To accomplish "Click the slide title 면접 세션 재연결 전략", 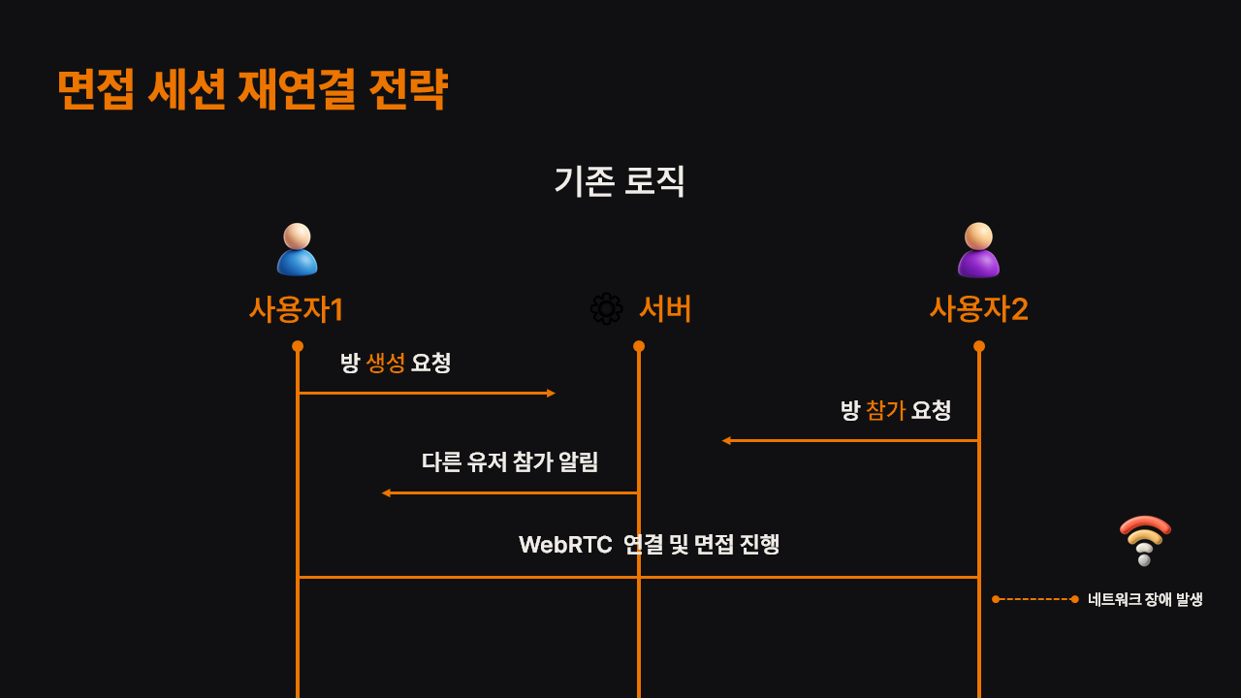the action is pos(252,89).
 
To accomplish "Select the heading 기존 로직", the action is pos(620,181).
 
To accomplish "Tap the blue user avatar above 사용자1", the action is pos(297,249).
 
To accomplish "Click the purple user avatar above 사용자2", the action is pos(978,250).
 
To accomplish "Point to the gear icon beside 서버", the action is pos(606,309).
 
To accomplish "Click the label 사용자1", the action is pos(297,309).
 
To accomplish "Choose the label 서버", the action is pos(665,309).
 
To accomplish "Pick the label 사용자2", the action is pos(978,309).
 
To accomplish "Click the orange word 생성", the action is pos(385,364).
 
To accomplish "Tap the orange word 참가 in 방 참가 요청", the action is pos(885,411).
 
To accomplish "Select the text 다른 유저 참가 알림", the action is pos(510,462).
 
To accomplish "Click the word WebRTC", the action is pos(565,545).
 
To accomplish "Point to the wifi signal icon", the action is pos(1145,540).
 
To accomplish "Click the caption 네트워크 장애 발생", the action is pos(1145,599).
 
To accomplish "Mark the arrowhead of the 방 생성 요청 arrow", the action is pos(551,394).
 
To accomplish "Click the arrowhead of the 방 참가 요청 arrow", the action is pos(726,441).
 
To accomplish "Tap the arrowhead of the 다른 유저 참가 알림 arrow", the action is pos(386,493).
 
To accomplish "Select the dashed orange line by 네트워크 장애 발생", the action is pos(1034,599).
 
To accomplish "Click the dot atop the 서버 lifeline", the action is pos(639,346).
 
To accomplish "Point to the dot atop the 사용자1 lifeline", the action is pos(298,346).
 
